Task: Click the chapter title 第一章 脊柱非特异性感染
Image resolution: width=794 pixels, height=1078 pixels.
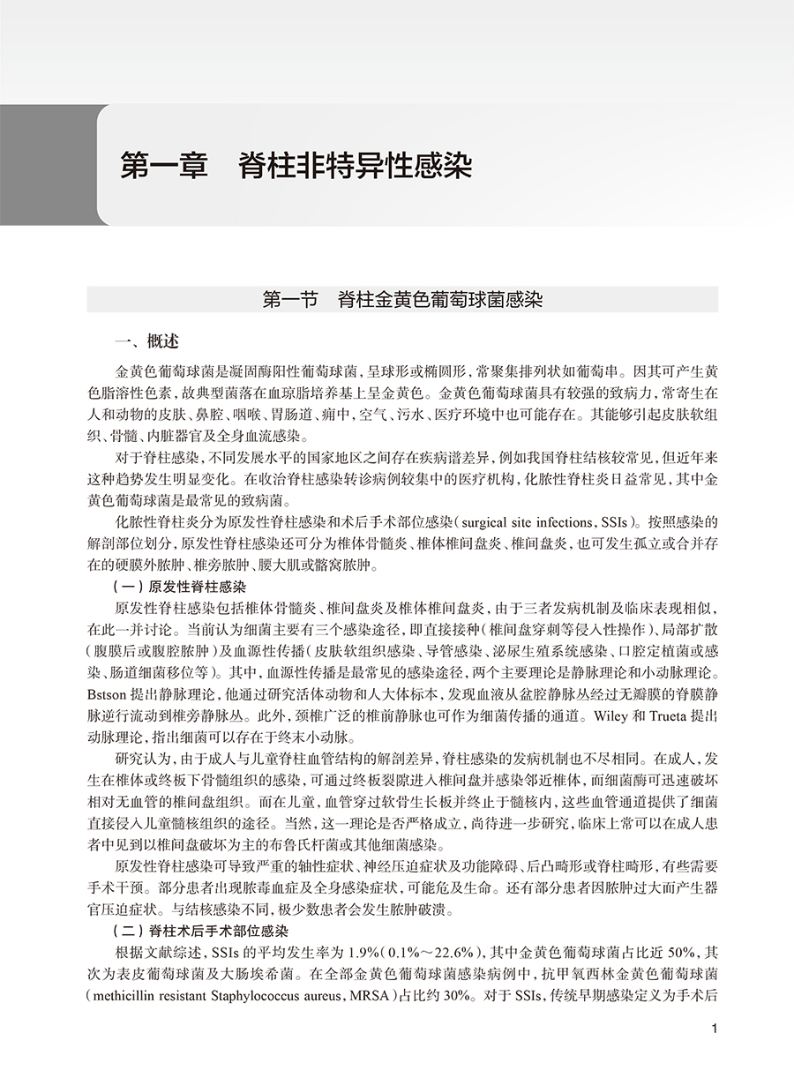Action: click(296, 167)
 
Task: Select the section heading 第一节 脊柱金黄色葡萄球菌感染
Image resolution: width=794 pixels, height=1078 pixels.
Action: click(402, 300)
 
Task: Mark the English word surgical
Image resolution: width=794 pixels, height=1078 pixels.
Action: click(487, 521)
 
